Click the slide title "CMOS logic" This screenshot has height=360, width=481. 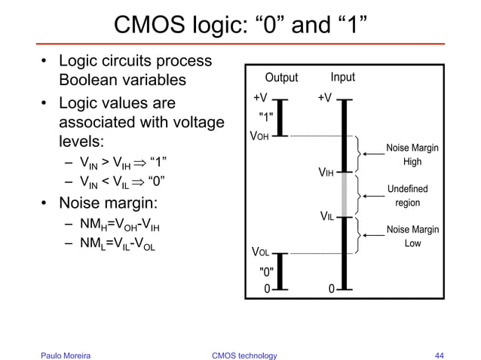[240, 27]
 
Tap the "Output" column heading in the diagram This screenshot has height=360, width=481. [280, 78]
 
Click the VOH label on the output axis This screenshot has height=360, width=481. [260, 137]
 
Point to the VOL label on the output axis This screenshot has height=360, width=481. [261, 251]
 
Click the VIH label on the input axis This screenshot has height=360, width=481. [326, 174]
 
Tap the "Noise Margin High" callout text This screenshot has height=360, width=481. [412, 155]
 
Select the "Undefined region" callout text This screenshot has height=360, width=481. [407, 195]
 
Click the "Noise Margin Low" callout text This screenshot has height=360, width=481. [412, 236]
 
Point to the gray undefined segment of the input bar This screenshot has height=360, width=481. [343, 194]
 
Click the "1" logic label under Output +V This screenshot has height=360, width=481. [266, 117]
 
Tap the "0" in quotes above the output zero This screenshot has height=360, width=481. [266, 271]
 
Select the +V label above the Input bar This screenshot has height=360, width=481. [326, 97]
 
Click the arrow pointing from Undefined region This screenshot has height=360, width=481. [372, 194]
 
